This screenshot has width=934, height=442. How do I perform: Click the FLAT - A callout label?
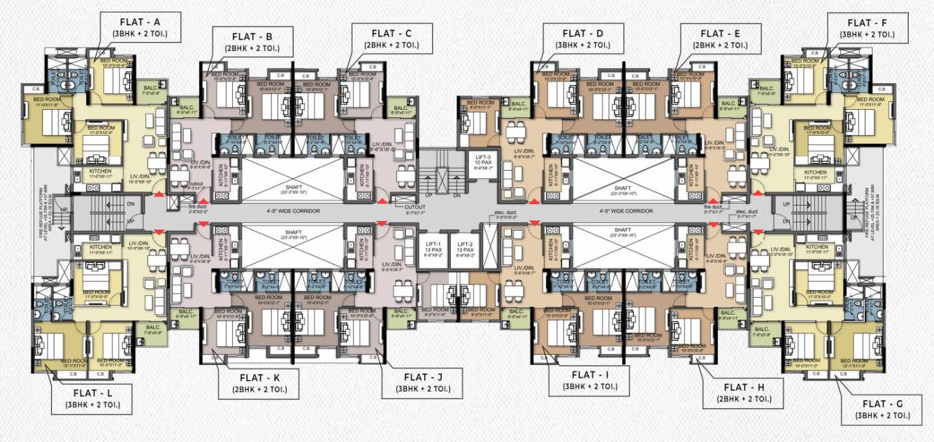[141, 27]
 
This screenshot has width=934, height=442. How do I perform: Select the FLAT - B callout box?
[259, 43]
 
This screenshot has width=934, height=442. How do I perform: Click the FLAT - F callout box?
[867, 27]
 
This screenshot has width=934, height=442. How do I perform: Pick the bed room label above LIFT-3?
[471, 105]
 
